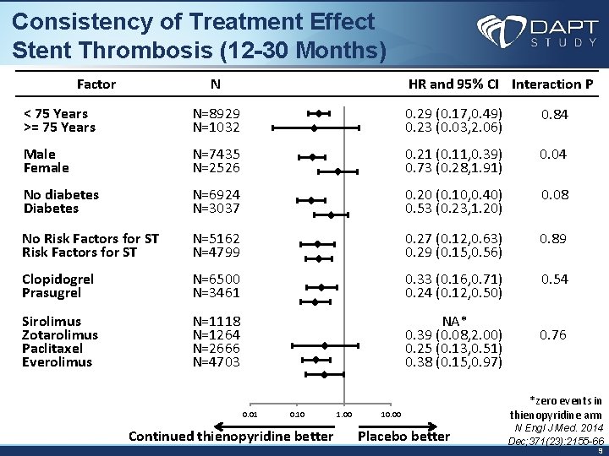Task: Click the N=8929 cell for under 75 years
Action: click(217, 113)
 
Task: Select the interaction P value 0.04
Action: click(554, 154)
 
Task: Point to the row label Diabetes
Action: click(51, 208)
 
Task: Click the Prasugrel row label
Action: click(52, 293)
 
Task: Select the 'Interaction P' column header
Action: click(552, 84)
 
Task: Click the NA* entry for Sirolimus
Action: click(454, 321)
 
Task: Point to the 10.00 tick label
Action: click(391, 414)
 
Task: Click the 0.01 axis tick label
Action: click(250, 414)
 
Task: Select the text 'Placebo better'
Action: click(404, 436)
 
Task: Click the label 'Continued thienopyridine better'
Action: click(230, 436)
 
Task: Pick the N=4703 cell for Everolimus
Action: click(217, 362)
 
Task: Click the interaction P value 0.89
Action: click(554, 239)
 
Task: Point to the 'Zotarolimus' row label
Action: click(60, 335)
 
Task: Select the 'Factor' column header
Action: click(96, 84)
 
